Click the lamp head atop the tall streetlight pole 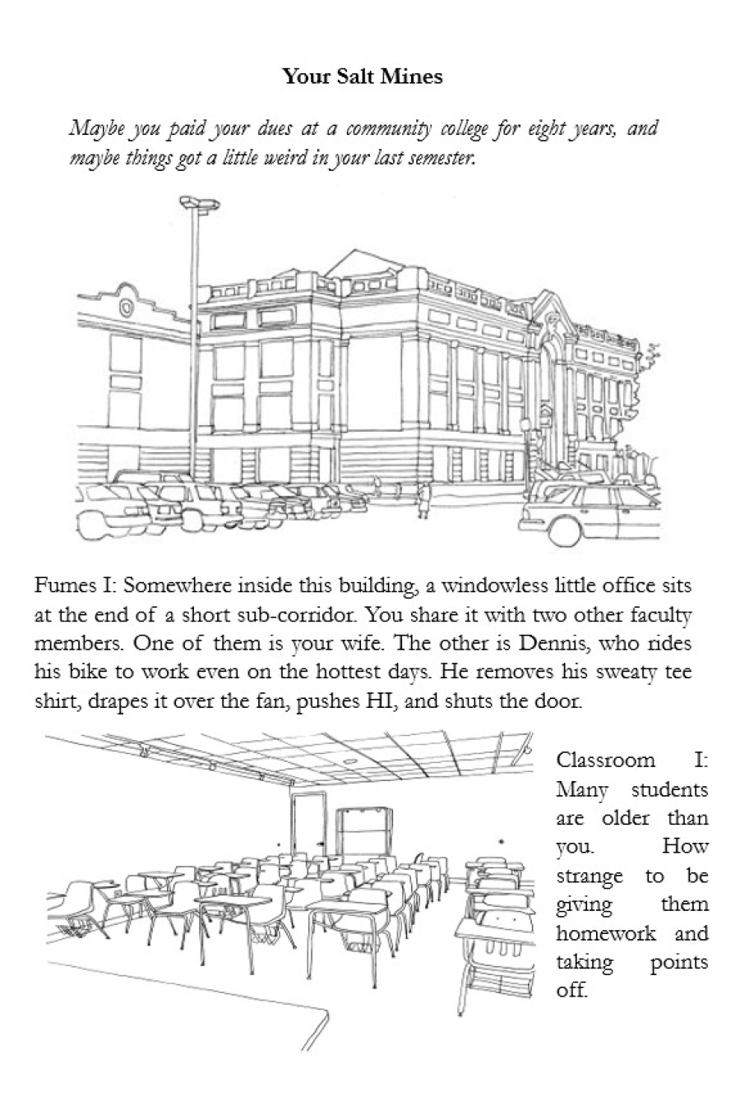(x=200, y=201)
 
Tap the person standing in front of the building (x=424, y=501)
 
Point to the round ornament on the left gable (x=126, y=308)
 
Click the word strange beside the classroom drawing (x=590, y=876)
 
